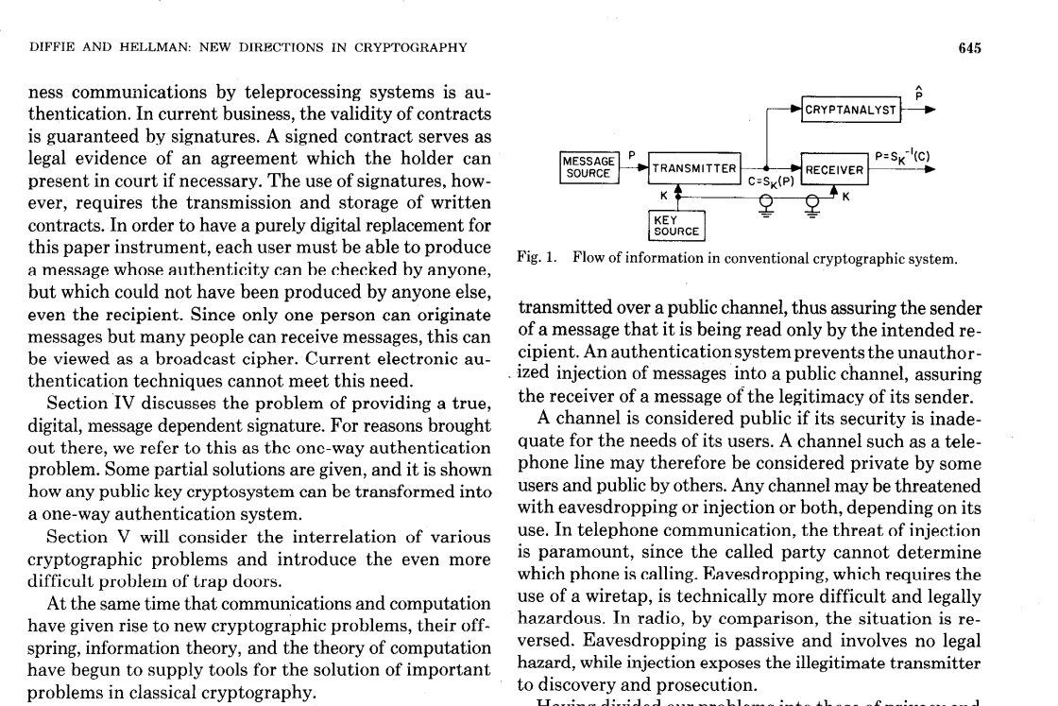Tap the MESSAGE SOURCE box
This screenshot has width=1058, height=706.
tap(586, 167)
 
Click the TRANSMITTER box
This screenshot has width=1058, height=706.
tap(694, 168)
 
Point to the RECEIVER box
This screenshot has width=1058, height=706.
tap(834, 169)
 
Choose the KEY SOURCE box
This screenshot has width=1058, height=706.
tap(676, 225)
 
